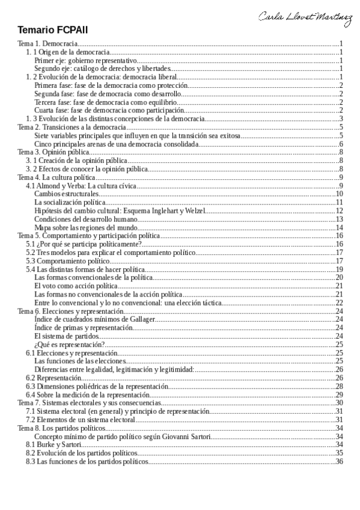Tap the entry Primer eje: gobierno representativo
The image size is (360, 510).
click(x=87, y=61)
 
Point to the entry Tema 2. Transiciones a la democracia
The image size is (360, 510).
click(x=71, y=127)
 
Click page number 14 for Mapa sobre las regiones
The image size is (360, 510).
click(x=339, y=227)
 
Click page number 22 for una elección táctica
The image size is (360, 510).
click(x=339, y=302)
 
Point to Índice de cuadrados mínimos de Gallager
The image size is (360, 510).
click(x=95, y=319)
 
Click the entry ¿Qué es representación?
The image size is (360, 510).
click(x=70, y=344)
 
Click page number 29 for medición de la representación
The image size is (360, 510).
click(x=339, y=394)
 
